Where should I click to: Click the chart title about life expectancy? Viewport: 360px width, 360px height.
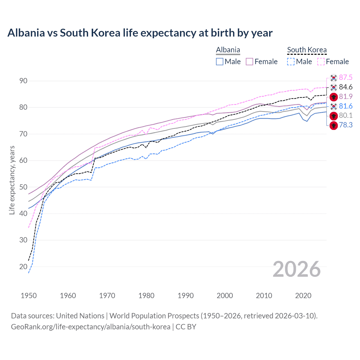[x=140, y=33]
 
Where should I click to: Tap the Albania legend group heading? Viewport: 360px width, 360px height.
[x=228, y=50]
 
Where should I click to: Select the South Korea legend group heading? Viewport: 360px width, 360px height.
[x=307, y=50]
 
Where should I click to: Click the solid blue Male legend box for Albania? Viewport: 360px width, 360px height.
[x=220, y=62]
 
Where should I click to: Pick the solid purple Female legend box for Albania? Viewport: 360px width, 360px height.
[x=249, y=62]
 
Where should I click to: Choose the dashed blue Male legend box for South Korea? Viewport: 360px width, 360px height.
[x=291, y=62]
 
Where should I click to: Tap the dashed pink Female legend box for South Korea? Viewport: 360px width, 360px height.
[x=321, y=62]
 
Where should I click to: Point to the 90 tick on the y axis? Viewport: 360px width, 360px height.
[x=23, y=81]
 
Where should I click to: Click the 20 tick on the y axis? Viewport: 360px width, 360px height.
[x=23, y=267]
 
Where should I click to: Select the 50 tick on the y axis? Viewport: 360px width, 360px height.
[x=23, y=187]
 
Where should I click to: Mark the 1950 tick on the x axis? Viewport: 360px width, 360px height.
[x=29, y=296]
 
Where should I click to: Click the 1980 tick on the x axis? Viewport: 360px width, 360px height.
[x=146, y=296]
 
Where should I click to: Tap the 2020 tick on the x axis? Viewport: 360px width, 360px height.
[x=303, y=296]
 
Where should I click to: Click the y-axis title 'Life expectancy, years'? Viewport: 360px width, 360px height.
[x=12, y=180]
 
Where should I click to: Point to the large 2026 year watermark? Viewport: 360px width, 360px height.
[x=296, y=269]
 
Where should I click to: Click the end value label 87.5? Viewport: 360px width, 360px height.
[x=346, y=78]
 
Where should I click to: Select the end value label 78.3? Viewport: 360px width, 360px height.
[x=346, y=125]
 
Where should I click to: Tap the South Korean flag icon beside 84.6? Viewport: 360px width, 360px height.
[x=334, y=87]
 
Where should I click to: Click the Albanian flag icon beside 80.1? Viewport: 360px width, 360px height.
[x=334, y=116]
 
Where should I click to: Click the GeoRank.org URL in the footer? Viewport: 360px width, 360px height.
[x=91, y=327]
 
